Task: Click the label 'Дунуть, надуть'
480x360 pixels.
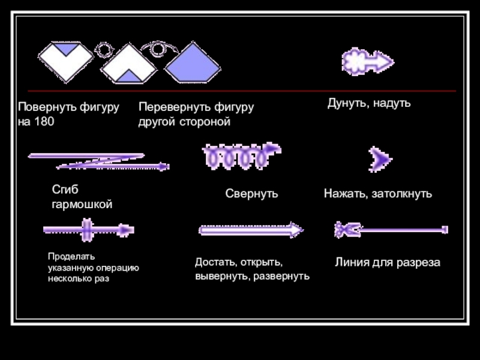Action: click(x=368, y=103)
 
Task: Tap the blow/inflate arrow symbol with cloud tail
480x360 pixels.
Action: click(x=367, y=61)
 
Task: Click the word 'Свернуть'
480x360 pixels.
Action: click(x=251, y=194)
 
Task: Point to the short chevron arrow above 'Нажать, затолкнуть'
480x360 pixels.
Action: click(x=380, y=159)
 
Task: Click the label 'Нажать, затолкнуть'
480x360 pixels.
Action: click(x=378, y=194)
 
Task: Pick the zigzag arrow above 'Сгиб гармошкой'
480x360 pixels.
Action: click(x=98, y=161)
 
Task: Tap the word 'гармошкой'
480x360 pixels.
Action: click(x=82, y=205)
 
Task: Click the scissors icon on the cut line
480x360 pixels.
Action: click(x=347, y=229)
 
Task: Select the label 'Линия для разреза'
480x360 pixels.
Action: click(x=387, y=263)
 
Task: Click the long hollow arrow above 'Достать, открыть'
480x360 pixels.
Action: click(x=251, y=229)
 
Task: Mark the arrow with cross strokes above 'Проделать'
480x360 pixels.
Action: click(x=88, y=229)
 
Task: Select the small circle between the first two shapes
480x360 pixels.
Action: click(x=105, y=50)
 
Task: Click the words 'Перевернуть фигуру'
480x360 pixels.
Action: click(x=196, y=107)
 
